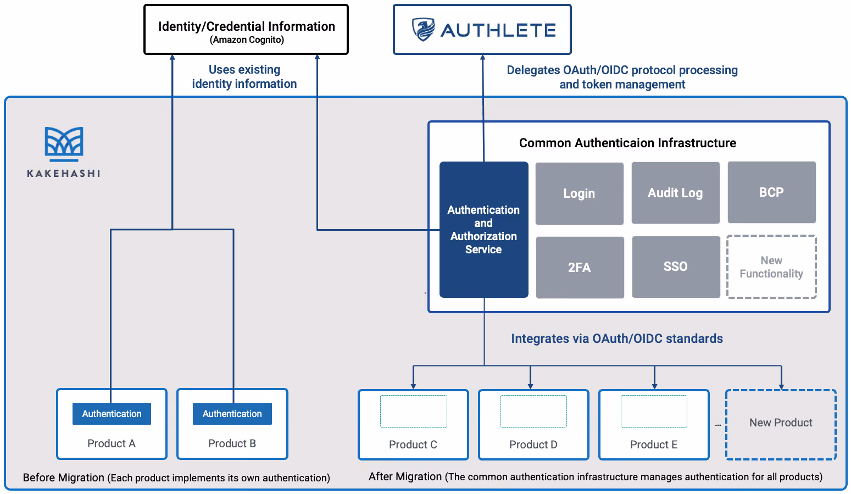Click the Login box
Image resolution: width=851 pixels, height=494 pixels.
pos(580,193)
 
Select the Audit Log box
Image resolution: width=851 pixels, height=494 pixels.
pos(676,193)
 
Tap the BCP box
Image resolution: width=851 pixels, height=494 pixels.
pos(771,192)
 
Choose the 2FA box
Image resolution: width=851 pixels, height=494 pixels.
pos(580,268)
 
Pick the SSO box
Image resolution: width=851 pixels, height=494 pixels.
pos(676,267)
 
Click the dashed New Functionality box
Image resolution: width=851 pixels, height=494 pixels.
pos(771,267)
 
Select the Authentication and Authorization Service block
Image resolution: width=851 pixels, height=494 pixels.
pos(483,230)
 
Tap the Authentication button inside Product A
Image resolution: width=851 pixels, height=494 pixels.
pos(112,413)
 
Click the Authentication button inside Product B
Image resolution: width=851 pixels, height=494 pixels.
pos(232,413)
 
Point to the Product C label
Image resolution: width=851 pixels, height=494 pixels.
pos(413,444)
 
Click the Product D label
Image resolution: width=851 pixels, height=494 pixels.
pos(533,444)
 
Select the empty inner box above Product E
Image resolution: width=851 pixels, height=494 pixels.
pos(654,411)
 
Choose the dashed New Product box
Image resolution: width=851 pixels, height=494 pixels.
pos(781,424)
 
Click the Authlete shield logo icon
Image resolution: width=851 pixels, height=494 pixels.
pos(423,29)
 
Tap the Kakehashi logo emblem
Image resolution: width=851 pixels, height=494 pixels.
pos(64,144)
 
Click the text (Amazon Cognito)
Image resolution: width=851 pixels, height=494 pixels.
pos(247,40)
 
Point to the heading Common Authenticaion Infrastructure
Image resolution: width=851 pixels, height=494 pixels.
pos(627,143)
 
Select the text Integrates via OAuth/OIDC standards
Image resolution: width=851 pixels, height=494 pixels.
pos(617,338)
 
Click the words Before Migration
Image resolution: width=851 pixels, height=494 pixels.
pos(63,478)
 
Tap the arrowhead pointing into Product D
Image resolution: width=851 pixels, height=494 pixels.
pos(530,386)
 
